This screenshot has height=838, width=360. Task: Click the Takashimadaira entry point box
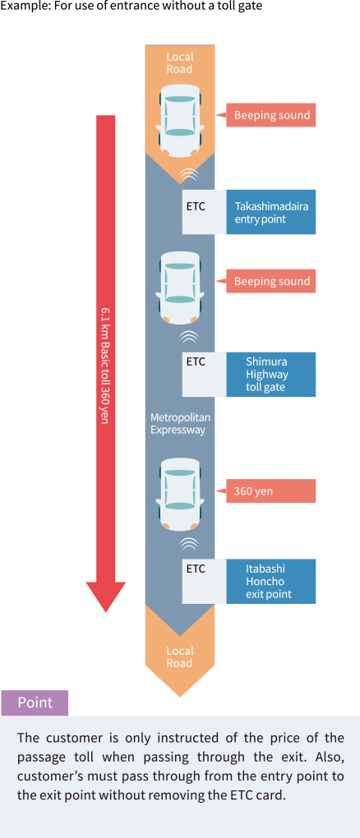tap(271, 212)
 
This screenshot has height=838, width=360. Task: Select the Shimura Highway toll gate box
tap(271, 374)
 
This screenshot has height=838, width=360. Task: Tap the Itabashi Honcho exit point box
tap(271, 581)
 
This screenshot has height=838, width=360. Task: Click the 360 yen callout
tap(271, 491)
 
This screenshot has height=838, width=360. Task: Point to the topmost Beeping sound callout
tap(271, 116)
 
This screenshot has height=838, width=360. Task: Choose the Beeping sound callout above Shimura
tap(271, 282)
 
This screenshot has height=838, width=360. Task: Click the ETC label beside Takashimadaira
tap(196, 205)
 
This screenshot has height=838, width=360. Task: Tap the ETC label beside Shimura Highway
tap(196, 361)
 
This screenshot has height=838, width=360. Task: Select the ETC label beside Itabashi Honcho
tap(196, 569)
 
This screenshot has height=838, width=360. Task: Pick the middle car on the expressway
tap(180, 287)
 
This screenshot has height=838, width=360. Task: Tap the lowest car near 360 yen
tap(180, 494)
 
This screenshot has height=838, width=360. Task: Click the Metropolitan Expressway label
tap(180, 423)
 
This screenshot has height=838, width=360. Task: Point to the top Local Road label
tap(180, 62)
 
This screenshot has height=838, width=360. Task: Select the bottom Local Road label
tap(180, 656)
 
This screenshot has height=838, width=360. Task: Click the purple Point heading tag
tap(35, 702)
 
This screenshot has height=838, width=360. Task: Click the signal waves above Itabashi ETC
tap(189, 544)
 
